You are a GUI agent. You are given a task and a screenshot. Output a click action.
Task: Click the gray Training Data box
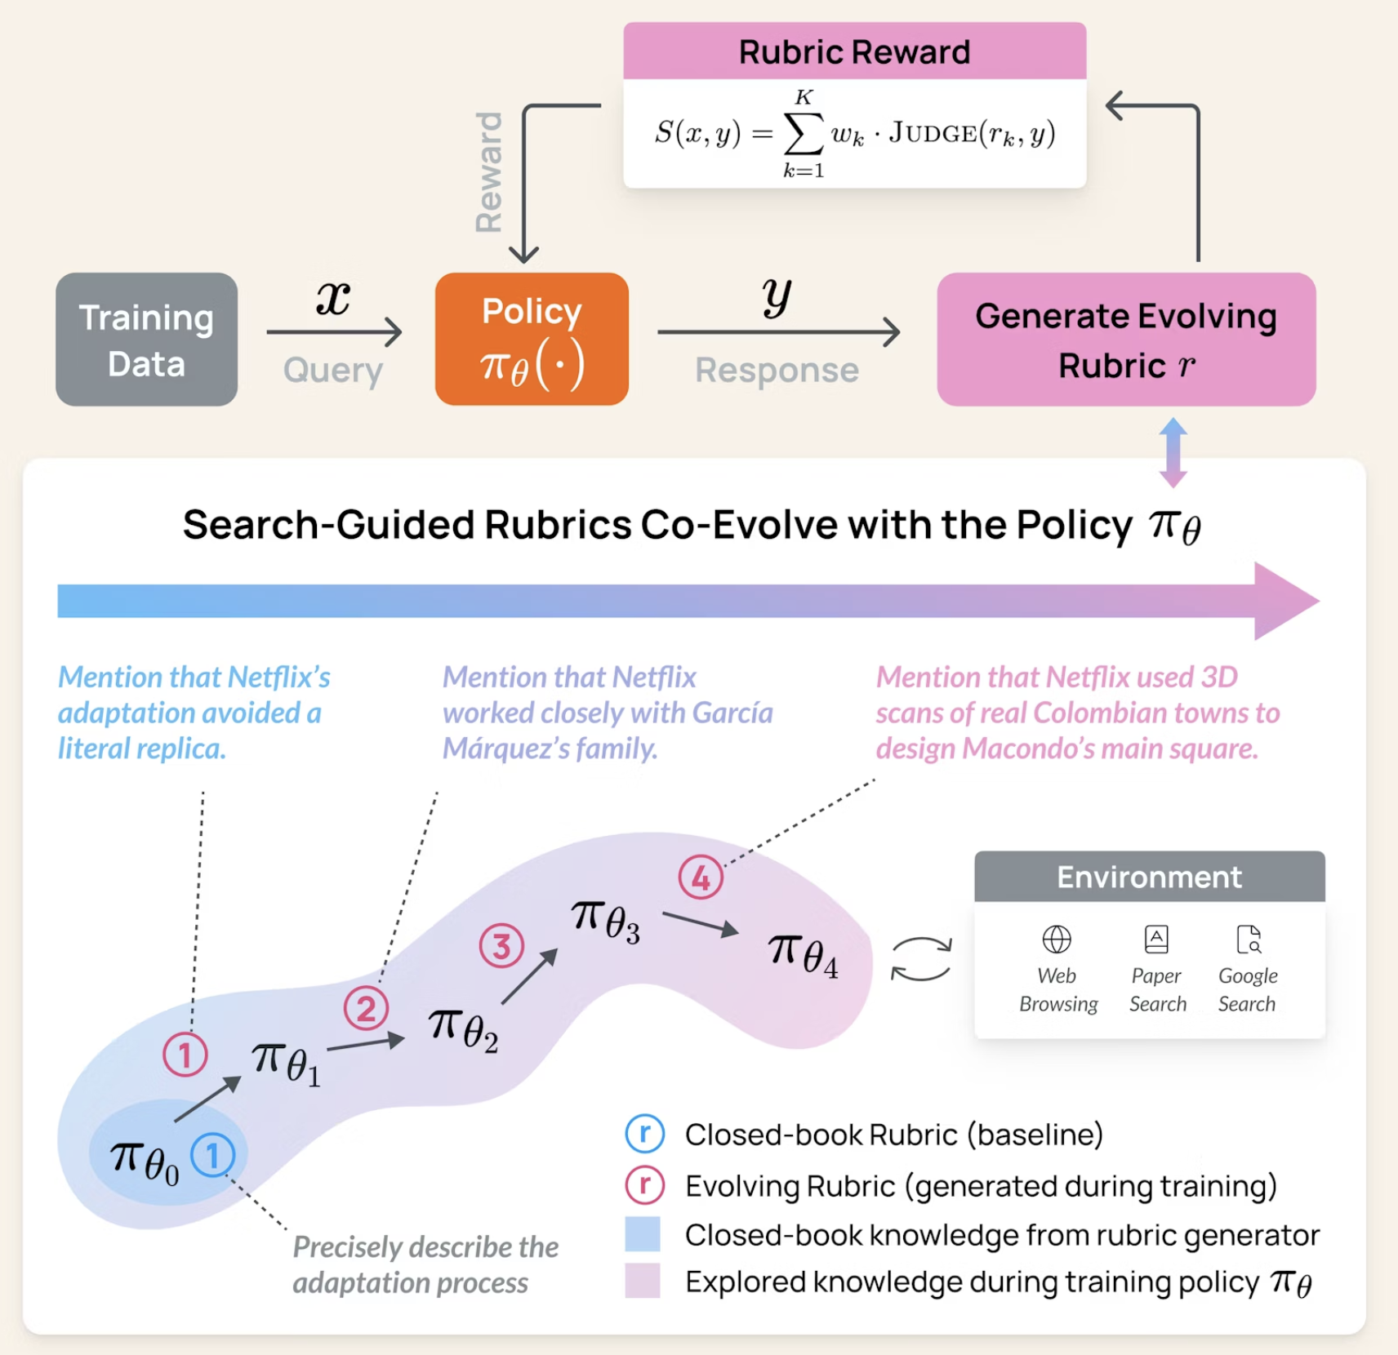tap(146, 340)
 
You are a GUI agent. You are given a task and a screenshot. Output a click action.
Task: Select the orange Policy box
tap(532, 340)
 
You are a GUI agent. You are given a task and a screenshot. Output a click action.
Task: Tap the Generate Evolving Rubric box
tap(1125, 340)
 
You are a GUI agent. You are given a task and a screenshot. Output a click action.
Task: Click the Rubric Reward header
tap(854, 51)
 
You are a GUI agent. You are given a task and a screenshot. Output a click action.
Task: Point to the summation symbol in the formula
tap(803, 134)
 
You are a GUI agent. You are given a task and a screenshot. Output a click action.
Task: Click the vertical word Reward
tap(488, 172)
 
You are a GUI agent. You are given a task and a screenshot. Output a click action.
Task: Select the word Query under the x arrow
tap(333, 371)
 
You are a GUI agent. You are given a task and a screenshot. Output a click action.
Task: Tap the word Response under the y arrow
tap(777, 371)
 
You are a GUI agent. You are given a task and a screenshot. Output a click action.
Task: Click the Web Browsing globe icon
tap(1057, 940)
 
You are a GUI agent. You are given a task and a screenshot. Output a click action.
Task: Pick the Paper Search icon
tap(1156, 940)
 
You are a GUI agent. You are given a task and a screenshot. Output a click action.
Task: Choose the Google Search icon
tap(1249, 940)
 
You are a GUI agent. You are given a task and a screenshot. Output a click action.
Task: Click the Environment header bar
tap(1149, 877)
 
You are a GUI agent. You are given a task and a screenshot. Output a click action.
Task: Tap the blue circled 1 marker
tap(212, 1155)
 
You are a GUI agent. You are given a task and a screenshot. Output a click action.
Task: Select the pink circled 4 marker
tap(701, 877)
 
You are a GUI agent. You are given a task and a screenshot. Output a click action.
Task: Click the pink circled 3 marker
tap(501, 945)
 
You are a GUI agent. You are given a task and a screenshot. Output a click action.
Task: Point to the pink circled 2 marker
tap(366, 1009)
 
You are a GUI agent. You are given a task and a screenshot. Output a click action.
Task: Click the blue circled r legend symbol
tap(645, 1134)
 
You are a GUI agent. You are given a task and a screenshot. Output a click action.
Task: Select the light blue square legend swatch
tap(643, 1234)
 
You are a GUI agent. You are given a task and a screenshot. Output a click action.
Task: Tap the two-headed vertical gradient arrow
tap(1173, 452)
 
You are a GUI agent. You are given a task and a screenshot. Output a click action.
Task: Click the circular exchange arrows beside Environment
tap(921, 958)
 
